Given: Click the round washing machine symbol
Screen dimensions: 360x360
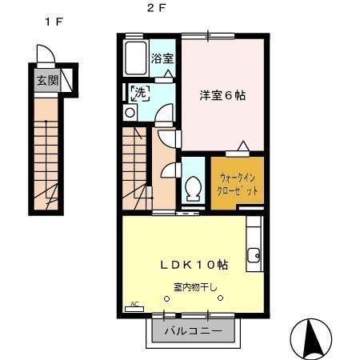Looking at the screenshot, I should pyautogui.click(x=130, y=113).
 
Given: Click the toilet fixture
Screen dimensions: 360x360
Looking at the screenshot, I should pyautogui.click(x=193, y=189).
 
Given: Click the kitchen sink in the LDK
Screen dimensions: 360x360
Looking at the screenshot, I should pyautogui.click(x=254, y=256).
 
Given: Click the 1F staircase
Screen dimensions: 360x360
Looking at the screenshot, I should pyautogui.click(x=47, y=160).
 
